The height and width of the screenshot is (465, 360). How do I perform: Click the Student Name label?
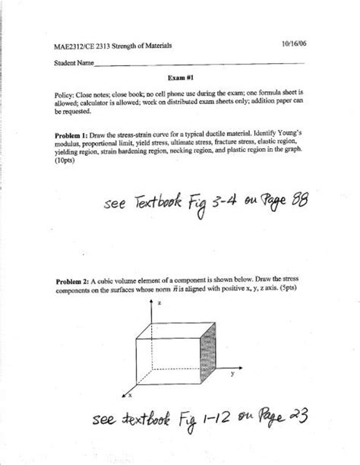point(74,62)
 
